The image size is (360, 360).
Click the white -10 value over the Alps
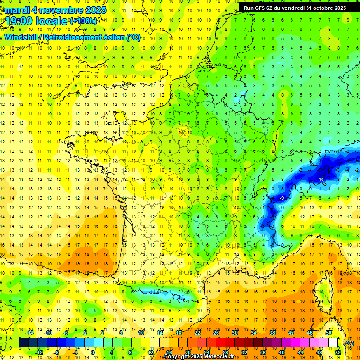point(321,180)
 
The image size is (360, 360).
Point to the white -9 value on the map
point(282,198)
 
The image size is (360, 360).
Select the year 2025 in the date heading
point(93,9)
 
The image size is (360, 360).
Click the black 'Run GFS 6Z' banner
point(294,8)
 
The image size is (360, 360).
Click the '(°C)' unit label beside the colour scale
point(349,343)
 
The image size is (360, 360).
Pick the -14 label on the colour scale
point(30,333)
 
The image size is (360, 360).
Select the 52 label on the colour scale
point(337,352)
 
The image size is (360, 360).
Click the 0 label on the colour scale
point(93,352)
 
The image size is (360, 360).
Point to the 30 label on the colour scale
point(234,333)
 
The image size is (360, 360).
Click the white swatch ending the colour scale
point(333,343)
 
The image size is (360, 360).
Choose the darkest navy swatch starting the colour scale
point(23,343)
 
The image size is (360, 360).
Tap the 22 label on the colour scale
point(197,333)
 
